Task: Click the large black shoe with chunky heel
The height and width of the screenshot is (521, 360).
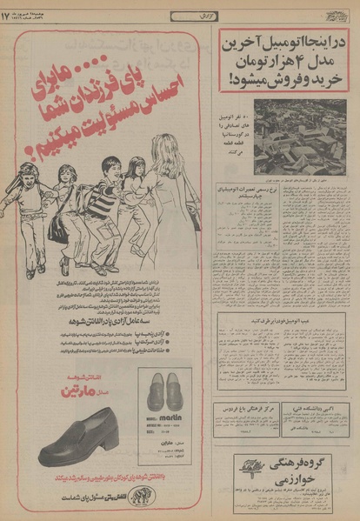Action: pos(79,439)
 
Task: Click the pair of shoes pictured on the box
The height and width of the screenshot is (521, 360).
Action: pos(166,391)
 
